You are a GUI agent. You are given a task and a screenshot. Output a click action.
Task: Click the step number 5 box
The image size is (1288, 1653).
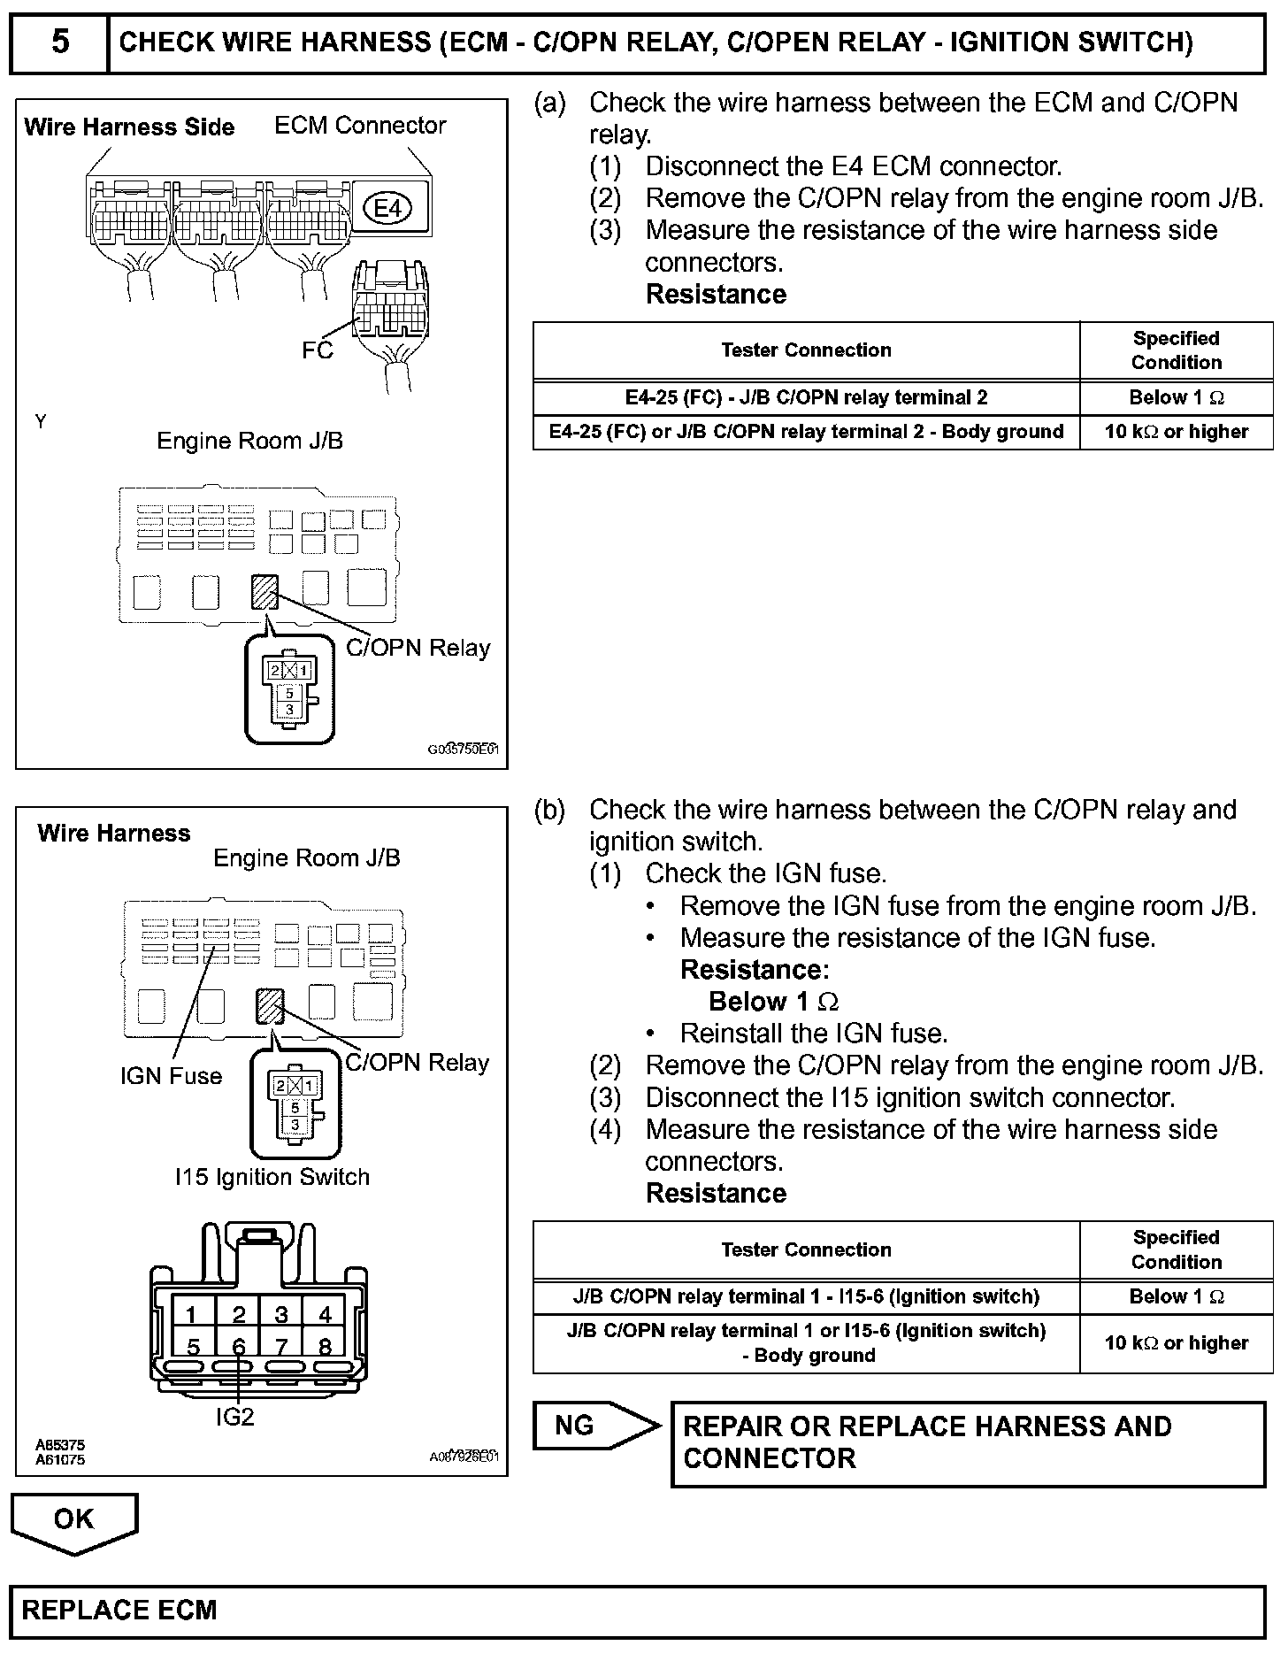pyautogui.click(x=59, y=42)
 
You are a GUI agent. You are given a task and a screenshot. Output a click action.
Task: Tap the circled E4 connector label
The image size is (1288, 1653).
pyautogui.click(x=387, y=209)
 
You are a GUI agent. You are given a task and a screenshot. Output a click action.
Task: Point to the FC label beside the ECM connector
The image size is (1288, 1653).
pyautogui.click(x=317, y=351)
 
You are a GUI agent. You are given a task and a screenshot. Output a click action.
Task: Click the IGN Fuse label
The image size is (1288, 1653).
pyautogui.click(x=171, y=1076)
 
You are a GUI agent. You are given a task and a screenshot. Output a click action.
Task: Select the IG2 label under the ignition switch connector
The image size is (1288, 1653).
pyautogui.click(x=234, y=1417)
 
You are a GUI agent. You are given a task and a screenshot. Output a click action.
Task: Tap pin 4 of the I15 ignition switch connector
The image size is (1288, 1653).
pyautogui.click(x=325, y=1315)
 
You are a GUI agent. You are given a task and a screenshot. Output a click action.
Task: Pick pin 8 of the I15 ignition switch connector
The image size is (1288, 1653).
pyautogui.click(x=325, y=1347)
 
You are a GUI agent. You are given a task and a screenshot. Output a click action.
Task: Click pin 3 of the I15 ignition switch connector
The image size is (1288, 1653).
pyautogui.click(x=281, y=1315)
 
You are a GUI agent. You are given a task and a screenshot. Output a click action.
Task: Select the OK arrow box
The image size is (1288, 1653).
pyautogui.click(x=73, y=1519)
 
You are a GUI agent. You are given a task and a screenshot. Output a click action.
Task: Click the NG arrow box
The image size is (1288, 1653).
pyautogui.click(x=593, y=1426)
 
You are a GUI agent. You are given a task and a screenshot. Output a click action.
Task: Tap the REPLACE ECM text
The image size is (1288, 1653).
pyautogui.click(x=119, y=1610)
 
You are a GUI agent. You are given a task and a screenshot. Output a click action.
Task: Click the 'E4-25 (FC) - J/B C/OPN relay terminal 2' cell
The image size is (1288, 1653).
pyautogui.click(x=806, y=398)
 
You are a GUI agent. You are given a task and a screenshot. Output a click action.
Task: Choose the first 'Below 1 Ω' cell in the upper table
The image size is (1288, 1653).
pyautogui.click(x=1176, y=398)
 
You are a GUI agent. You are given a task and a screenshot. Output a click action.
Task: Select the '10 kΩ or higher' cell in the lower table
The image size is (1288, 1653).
pyautogui.click(x=1176, y=1343)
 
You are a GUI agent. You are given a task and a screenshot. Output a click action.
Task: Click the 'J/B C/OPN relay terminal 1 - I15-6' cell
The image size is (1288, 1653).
pyautogui.click(x=806, y=1296)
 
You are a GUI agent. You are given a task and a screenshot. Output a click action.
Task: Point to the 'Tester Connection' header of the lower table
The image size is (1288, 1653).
pyautogui.click(x=806, y=1249)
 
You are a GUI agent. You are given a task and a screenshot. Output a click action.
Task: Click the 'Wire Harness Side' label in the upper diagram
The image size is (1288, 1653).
pyautogui.click(x=129, y=127)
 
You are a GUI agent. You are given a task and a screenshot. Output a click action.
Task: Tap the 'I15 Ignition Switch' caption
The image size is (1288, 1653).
pyautogui.click(x=272, y=1177)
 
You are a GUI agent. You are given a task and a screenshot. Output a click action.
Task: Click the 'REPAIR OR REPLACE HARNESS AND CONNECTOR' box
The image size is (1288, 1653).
pyautogui.click(x=968, y=1442)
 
